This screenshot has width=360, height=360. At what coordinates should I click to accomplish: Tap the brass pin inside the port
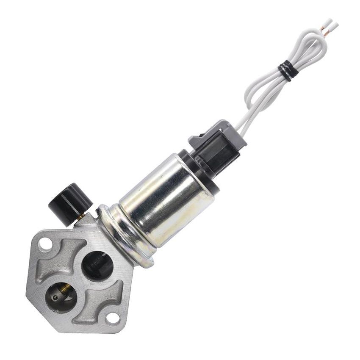[65, 290]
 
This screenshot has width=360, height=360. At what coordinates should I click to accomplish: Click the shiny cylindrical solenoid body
[165, 199]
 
